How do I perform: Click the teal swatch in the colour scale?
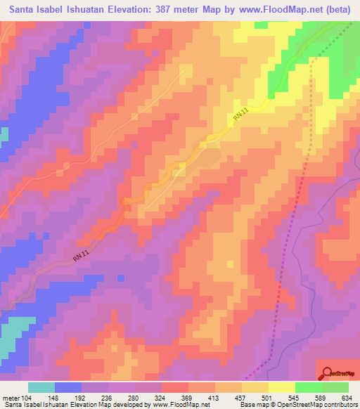click(x=41, y=387)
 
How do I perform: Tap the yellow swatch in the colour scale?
click(x=281, y=387)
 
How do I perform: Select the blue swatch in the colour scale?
click(x=68, y=387)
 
